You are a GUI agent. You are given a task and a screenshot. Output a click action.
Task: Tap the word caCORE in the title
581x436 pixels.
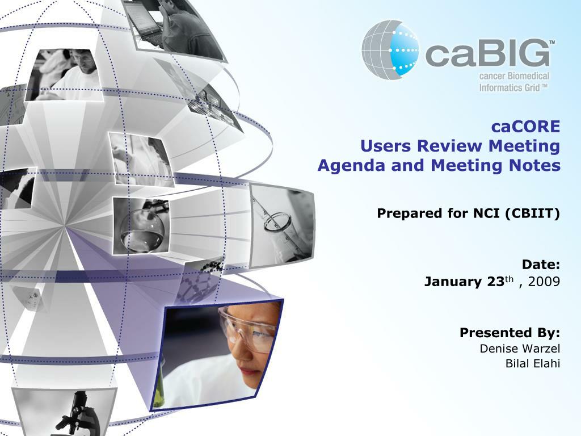(x=525, y=126)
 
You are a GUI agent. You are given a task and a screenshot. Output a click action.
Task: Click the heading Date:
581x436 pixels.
(x=541, y=265)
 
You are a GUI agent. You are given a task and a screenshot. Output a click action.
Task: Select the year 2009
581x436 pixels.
(x=544, y=281)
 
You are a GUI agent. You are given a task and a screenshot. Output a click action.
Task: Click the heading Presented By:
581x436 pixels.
(x=510, y=332)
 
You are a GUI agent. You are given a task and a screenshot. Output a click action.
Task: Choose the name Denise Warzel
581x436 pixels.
(x=520, y=348)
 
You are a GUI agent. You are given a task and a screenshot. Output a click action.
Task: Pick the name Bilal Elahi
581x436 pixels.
(x=532, y=363)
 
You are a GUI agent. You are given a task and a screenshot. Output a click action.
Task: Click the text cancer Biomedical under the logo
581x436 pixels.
(x=514, y=77)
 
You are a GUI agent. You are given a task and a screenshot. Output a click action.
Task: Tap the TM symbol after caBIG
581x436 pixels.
(x=551, y=43)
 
